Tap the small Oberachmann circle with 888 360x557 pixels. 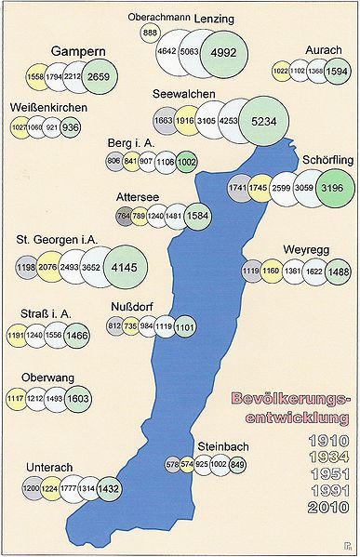(x=150, y=33)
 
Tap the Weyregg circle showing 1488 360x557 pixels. (x=339, y=271)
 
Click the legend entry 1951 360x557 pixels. (x=322, y=472)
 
